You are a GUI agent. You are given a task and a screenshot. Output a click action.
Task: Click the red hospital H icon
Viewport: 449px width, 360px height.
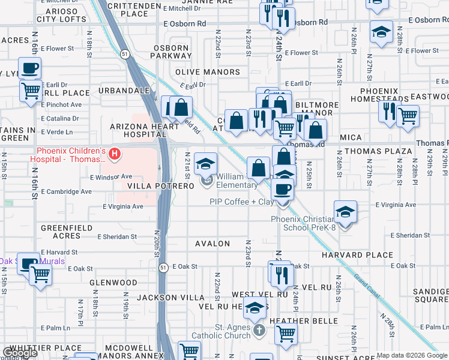[113, 154]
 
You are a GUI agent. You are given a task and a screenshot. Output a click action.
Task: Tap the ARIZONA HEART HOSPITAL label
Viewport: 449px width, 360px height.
[136, 131]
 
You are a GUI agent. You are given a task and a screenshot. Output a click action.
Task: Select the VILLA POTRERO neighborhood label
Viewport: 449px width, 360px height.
[160, 187]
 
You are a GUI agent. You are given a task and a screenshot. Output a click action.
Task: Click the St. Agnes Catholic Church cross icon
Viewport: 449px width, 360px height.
[258, 331]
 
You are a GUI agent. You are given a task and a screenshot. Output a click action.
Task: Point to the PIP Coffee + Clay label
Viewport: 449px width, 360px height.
[242, 202]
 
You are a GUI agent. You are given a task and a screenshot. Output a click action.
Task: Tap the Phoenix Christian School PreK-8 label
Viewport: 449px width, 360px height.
[303, 224]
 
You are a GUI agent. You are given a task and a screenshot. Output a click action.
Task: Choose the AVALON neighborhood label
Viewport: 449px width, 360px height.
[212, 244]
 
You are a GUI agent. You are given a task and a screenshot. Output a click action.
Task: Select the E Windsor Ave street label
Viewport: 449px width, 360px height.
[110, 177]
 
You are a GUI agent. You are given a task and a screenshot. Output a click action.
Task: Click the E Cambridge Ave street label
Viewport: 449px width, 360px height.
[66, 191]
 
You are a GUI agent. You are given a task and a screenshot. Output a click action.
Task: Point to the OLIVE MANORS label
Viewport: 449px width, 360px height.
[207, 72]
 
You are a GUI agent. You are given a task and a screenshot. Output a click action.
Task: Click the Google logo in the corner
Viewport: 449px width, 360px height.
[20, 353]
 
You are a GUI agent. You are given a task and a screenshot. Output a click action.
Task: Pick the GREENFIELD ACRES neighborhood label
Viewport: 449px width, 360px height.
[61, 232]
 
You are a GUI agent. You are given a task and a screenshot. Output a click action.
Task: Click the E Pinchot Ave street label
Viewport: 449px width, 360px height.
[61, 104]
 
